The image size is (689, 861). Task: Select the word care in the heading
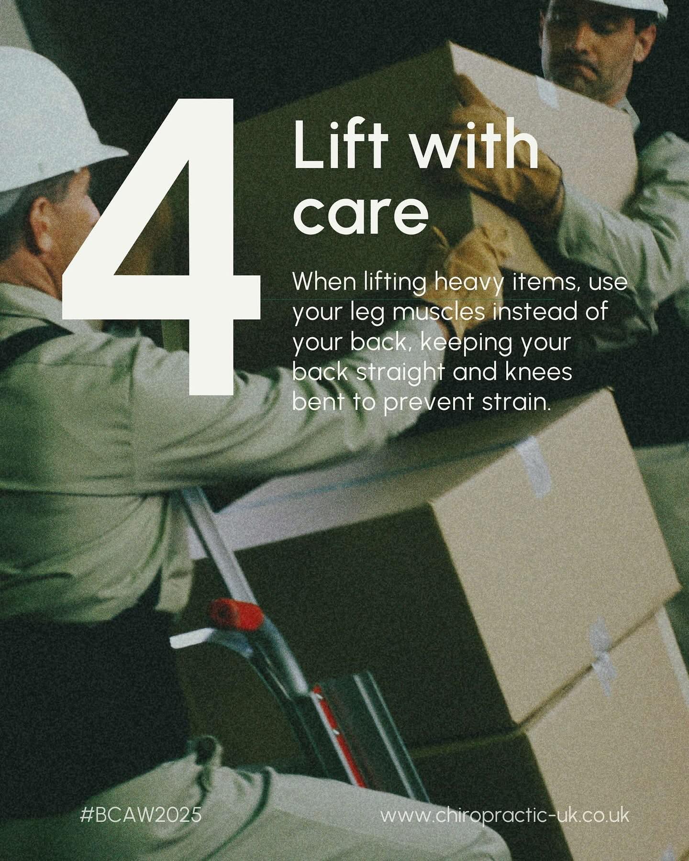point(361,214)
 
